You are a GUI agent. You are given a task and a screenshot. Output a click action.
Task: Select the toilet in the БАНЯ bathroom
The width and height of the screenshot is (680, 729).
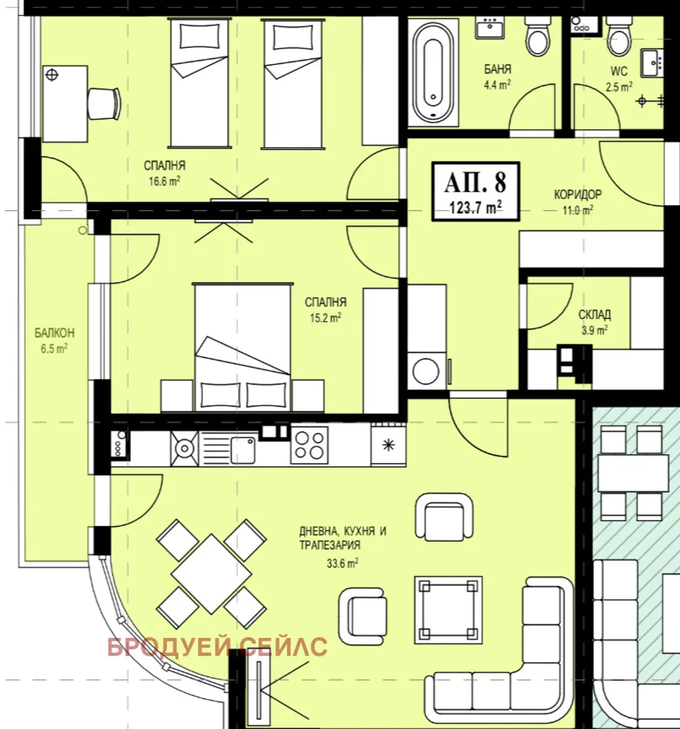pyautogui.click(x=538, y=36)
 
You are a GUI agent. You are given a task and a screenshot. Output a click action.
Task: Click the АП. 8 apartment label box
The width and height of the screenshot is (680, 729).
pyautogui.click(x=476, y=191)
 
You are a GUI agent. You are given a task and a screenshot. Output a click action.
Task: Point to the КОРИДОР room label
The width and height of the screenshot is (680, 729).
pyautogui.click(x=577, y=194)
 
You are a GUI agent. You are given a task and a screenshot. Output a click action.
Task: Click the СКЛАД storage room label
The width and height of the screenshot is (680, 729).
pyautogui.click(x=595, y=315)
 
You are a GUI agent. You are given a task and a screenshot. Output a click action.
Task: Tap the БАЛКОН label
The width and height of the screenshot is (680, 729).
pyautogui.click(x=54, y=333)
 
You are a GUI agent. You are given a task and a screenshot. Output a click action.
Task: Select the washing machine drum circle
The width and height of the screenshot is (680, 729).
pyautogui.click(x=426, y=372)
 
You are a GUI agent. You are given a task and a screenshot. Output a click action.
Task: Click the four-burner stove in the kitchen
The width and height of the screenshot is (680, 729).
pyautogui.click(x=309, y=445)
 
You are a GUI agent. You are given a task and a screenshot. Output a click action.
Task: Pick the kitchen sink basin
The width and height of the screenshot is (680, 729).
pyautogui.click(x=243, y=450)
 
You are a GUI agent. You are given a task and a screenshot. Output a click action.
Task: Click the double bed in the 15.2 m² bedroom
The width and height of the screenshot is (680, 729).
pyautogui.click(x=242, y=347)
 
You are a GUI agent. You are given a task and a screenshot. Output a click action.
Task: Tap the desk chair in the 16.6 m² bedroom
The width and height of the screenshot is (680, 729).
pyautogui.click(x=105, y=103)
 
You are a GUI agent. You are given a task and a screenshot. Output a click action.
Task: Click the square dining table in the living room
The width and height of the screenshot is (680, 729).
pyautogui.click(x=211, y=574)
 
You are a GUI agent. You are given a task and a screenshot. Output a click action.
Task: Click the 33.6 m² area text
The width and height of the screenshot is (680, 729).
pyautogui.click(x=342, y=564)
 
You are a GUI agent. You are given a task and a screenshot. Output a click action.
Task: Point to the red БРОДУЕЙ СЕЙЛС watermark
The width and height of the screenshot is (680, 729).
pyautogui.click(x=217, y=647)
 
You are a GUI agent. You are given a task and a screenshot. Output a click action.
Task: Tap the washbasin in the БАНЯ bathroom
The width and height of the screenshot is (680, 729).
pyautogui.click(x=490, y=28)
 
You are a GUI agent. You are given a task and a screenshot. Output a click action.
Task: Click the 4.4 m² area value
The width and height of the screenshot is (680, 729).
pyautogui.click(x=497, y=85)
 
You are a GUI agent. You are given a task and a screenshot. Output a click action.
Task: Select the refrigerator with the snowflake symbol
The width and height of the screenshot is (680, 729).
pyautogui.click(x=388, y=444)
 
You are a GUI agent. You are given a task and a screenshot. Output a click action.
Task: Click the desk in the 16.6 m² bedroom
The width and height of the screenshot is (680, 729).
pyautogui.click(x=65, y=103)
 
